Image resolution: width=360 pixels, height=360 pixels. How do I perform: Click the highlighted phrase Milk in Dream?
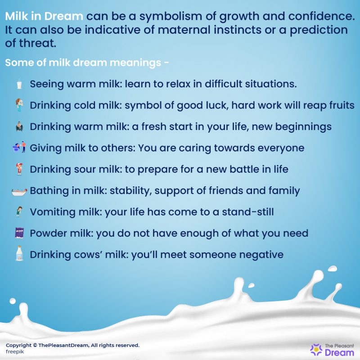point(44,17)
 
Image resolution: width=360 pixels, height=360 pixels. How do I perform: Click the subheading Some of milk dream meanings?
point(87,62)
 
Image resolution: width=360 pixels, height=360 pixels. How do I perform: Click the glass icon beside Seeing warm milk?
point(19,84)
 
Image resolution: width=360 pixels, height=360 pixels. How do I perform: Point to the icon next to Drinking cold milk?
point(19,105)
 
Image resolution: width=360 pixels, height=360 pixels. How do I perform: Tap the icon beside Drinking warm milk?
point(19,126)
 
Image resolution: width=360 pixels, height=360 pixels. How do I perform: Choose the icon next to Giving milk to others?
point(19,148)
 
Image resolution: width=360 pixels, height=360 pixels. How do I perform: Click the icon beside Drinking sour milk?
point(19,169)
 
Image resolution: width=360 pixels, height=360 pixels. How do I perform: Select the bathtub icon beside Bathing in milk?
point(19,191)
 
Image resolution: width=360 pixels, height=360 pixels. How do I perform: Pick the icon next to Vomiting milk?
point(19,212)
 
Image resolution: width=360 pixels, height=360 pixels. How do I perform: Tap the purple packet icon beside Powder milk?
point(19,233)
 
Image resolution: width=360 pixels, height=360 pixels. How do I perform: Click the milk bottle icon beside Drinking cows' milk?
point(19,254)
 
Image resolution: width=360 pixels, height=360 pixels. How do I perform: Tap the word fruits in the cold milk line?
point(340,105)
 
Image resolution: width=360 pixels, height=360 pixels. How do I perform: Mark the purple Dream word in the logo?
point(336,353)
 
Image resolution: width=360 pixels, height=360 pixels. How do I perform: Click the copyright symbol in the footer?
point(36,345)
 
